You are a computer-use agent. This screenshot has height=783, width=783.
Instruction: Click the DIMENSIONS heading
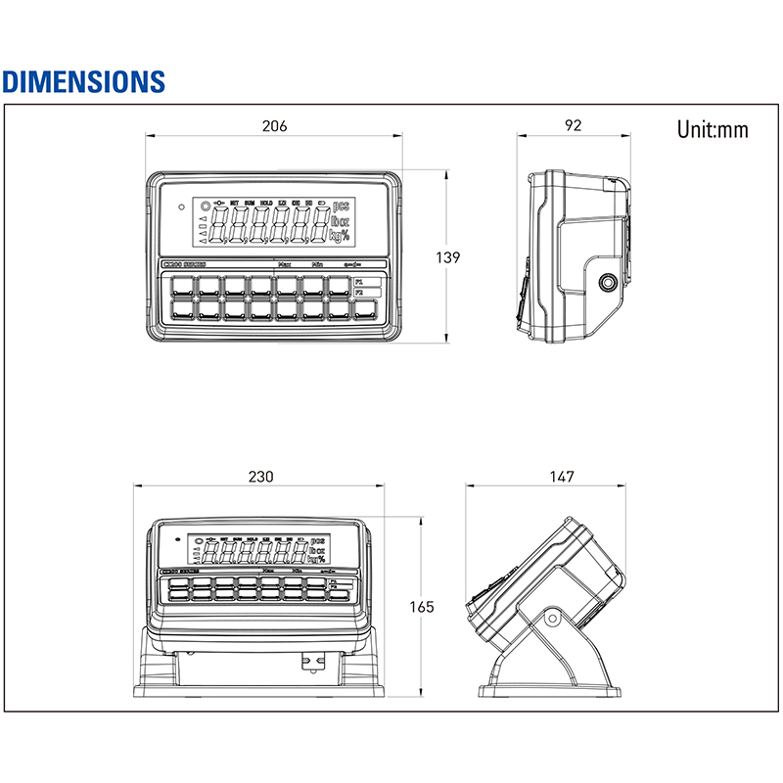(83, 80)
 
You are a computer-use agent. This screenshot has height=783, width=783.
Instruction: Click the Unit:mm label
(712, 129)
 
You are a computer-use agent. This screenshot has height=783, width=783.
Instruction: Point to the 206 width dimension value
(274, 125)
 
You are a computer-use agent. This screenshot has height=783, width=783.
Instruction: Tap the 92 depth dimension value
(574, 125)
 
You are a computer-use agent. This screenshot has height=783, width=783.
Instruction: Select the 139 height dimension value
(447, 257)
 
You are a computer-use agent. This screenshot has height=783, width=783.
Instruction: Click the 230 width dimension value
(260, 476)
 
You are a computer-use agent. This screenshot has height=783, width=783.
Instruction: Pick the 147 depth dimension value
(561, 476)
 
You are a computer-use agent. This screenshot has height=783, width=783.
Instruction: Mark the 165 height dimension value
(421, 607)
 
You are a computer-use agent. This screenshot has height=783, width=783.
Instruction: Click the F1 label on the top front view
(359, 281)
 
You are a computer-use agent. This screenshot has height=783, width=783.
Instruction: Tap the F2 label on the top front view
(359, 293)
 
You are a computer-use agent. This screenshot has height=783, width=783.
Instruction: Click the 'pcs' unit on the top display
(341, 207)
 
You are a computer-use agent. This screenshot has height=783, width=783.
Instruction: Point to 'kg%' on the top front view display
(340, 236)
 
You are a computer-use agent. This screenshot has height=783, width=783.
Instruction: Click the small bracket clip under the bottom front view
(312, 663)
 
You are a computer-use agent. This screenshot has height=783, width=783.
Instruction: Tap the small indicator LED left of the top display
(181, 207)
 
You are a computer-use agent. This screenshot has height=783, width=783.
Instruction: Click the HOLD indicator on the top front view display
(267, 203)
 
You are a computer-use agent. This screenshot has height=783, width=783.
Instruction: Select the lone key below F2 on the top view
(365, 310)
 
